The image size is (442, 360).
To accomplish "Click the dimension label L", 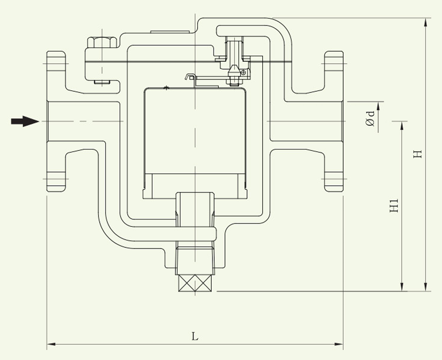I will tap(195, 336).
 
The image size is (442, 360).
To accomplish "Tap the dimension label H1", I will tap(393, 207).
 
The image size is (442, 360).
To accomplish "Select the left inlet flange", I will tap(56, 122).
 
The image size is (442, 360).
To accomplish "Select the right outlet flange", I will tap(334, 122).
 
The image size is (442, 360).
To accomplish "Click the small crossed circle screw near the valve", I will tap(243, 72).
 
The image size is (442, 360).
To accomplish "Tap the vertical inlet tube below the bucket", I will tap(195, 212).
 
